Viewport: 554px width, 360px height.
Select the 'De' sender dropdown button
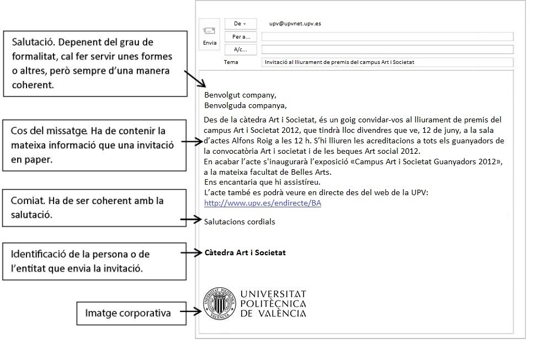coord(241,24)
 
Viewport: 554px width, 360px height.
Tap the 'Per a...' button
coord(241,37)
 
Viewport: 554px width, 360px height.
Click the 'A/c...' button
coord(241,50)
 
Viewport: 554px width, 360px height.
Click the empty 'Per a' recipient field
coord(387,37)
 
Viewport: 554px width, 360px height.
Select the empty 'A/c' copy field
coord(387,50)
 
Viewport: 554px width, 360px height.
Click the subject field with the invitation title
coord(387,62)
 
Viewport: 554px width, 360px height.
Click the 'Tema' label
coord(231,62)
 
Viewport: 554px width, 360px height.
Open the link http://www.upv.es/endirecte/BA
coord(263,203)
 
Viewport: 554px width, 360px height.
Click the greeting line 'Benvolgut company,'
coord(240,95)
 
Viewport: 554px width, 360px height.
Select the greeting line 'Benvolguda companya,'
coord(246,105)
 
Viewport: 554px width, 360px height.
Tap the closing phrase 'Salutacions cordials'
coord(239,222)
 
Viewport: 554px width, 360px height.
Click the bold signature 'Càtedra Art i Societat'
coord(246,252)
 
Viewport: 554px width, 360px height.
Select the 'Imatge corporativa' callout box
coord(127,313)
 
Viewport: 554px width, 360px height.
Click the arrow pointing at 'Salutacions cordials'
coord(191,220)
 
